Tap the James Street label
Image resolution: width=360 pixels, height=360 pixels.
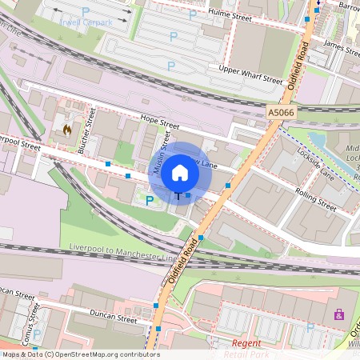(342, 48)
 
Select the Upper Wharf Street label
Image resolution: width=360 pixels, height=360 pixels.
(250, 75)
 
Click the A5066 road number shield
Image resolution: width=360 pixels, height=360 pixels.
(281, 114)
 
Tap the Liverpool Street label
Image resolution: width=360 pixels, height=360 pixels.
(19, 145)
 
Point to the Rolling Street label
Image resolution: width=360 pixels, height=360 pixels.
(316, 198)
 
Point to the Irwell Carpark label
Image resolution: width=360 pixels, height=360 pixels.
(86, 22)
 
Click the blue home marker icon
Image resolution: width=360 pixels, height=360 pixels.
(180, 172)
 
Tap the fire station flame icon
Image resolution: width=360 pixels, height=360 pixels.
(67, 128)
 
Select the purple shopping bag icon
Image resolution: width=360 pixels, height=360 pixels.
(338, 314)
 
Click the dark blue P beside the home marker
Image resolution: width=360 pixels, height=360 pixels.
(150, 200)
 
